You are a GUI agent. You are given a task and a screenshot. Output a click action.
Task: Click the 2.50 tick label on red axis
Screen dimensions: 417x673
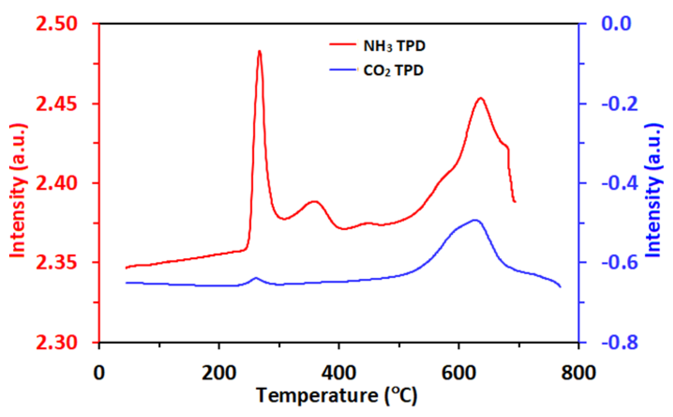tap(57, 24)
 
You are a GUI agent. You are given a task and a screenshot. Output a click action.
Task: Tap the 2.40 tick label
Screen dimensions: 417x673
tap(57, 183)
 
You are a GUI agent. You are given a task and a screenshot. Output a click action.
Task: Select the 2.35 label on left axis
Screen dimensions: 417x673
tap(57, 263)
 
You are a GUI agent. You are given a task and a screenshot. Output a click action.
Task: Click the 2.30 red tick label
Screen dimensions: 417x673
tap(57, 342)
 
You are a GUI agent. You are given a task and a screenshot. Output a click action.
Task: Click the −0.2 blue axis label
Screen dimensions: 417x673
tap(620, 104)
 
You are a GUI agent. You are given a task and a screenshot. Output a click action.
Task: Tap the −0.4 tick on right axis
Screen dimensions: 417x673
tap(620, 183)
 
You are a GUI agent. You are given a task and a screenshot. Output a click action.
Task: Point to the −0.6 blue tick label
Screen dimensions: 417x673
tap(620, 263)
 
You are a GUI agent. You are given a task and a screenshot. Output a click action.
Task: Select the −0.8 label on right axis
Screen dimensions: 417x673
tap(620, 342)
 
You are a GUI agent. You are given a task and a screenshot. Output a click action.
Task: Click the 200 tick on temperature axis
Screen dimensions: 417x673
tap(219, 373)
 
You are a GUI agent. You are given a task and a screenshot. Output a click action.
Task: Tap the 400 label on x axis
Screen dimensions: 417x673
tap(339, 373)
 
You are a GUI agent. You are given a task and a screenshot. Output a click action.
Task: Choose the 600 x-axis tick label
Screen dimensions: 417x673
tap(459, 373)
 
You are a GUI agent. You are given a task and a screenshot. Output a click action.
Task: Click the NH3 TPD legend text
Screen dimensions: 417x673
tap(394, 46)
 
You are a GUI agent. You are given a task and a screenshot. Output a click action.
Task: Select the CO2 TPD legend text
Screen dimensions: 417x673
tap(393, 71)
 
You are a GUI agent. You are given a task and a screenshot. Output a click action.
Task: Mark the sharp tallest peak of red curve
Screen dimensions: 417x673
tap(259, 51)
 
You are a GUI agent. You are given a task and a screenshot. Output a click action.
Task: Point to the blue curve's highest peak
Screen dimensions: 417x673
tap(475, 220)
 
